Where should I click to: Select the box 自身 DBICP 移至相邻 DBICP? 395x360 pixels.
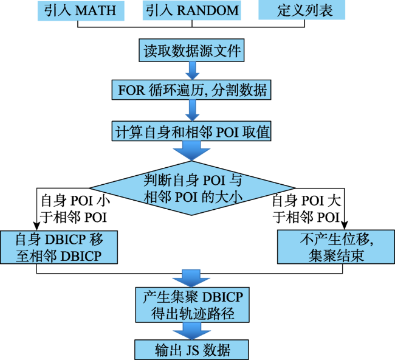pyautogui.click(x=58, y=246)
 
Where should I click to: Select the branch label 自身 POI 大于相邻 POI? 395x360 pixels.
pyautogui.click(x=305, y=208)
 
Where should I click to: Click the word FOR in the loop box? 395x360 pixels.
pyautogui.click(x=129, y=91)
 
